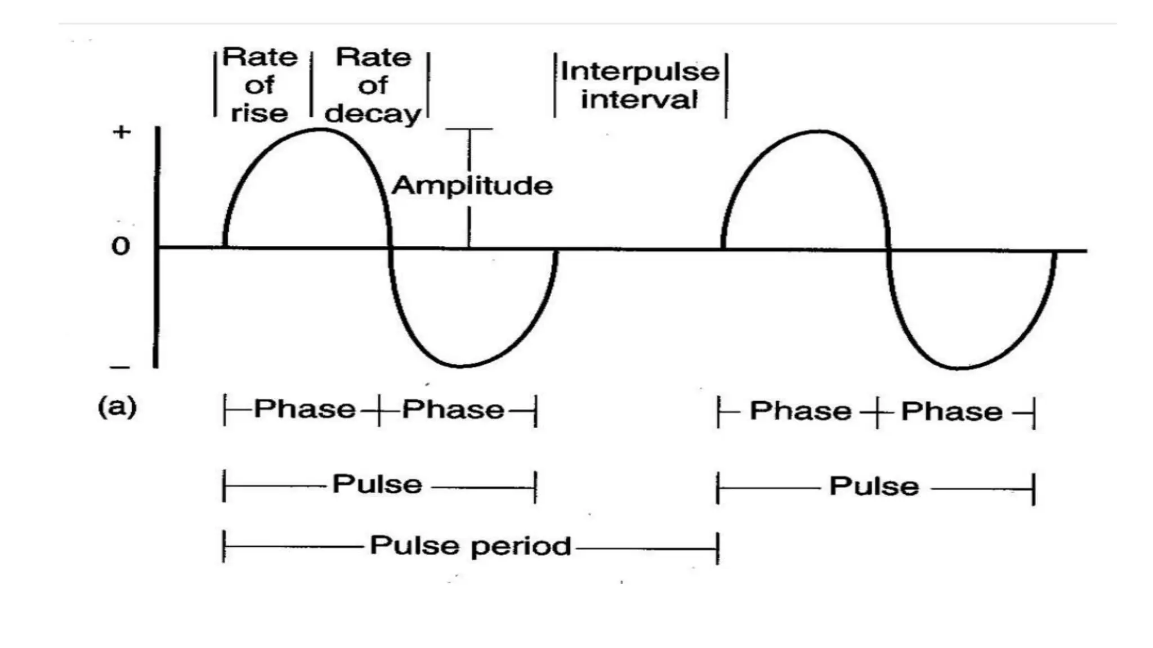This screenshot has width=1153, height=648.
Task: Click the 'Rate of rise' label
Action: point(260,85)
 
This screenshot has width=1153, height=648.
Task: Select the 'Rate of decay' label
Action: point(373,85)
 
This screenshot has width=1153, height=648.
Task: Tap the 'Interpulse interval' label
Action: point(640,85)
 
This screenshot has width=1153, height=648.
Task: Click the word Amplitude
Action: point(472,186)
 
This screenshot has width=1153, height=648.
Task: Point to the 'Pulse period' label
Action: point(470,546)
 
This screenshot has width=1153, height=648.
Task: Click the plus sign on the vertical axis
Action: point(122,132)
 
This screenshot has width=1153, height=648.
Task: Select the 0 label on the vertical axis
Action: point(120,246)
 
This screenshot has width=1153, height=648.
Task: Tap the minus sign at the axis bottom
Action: point(120,368)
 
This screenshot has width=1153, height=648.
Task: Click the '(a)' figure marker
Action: point(117,407)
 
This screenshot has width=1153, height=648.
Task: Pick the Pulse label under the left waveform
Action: point(377,484)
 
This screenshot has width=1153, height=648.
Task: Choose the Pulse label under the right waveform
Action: point(874,486)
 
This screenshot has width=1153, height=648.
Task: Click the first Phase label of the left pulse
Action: point(305,409)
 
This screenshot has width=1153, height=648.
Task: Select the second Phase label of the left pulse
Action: point(453,409)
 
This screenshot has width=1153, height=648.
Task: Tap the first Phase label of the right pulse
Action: point(800,411)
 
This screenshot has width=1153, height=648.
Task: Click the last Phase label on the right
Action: point(951,412)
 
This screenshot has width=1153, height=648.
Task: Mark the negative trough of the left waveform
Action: point(462,366)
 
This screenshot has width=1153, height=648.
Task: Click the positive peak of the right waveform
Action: point(817,132)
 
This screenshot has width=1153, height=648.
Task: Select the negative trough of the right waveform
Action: point(960,368)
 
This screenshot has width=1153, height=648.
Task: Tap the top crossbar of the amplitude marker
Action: point(469,129)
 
